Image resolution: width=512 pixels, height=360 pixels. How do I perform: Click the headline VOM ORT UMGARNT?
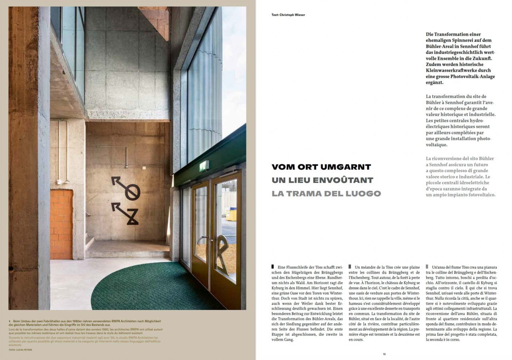click(321, 167)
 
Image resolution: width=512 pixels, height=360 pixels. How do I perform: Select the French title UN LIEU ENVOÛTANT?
click(322, 180)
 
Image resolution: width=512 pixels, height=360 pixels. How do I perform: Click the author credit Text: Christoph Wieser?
click(288, 15)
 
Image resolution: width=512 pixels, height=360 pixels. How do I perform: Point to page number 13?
click(384, 354)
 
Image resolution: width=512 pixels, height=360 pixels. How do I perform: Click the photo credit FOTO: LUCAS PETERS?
click(20, 350)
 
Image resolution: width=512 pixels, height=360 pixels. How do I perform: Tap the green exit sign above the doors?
click(204, 166)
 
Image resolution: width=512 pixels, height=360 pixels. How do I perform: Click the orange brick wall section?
click(61, 224)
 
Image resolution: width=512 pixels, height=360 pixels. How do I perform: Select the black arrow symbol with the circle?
click(126, 188)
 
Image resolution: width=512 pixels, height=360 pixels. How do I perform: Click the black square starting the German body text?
click(273, 266)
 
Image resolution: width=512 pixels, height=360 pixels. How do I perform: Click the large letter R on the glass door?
click(222, 254)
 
